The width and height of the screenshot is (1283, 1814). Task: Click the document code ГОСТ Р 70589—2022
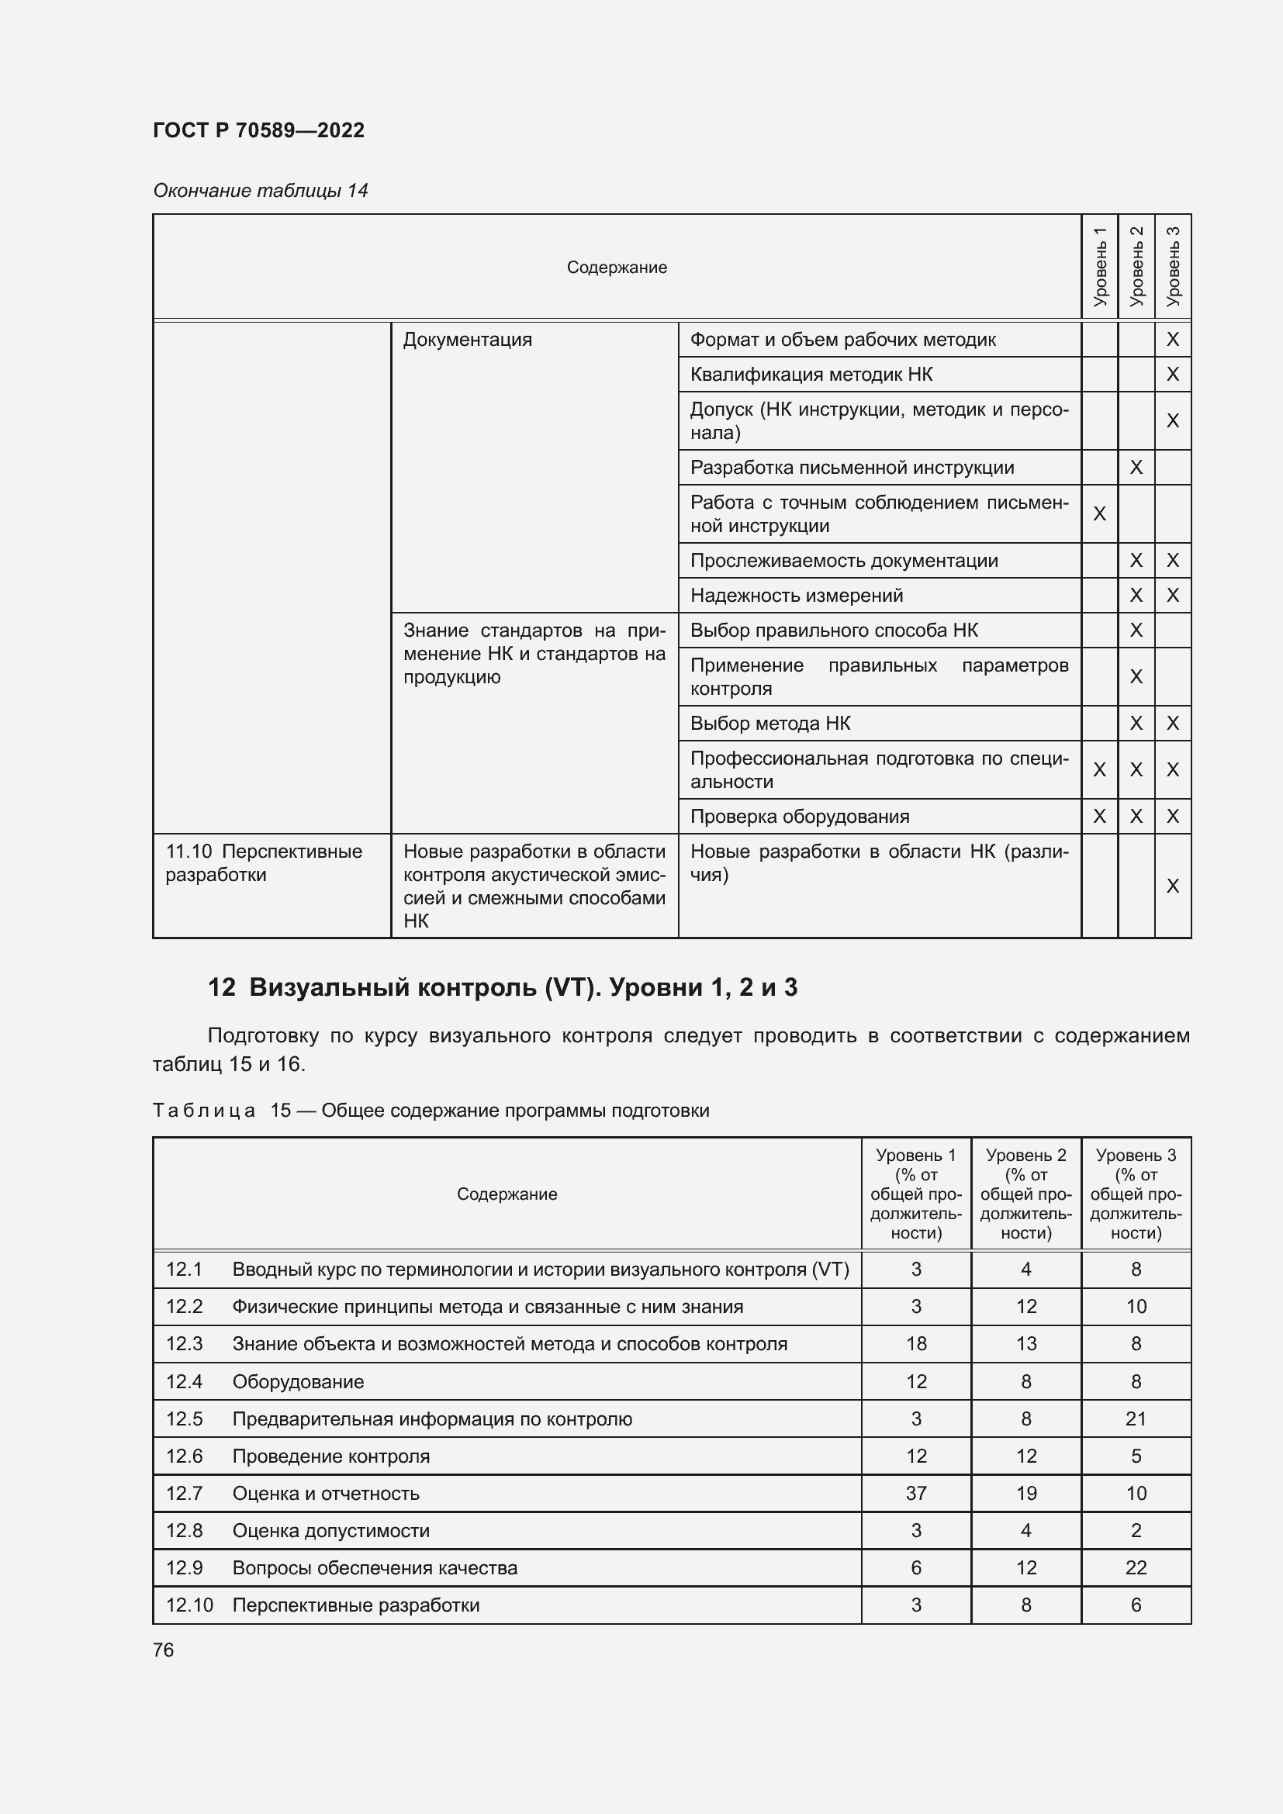[258, 130]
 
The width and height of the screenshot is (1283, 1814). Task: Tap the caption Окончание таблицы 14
[260, 191]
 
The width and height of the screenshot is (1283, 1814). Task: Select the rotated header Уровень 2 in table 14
[1136, 266]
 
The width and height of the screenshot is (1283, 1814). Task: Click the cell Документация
[467, 340]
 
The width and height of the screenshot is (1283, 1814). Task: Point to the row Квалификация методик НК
[811, 375]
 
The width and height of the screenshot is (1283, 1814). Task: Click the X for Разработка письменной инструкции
[1136, 468]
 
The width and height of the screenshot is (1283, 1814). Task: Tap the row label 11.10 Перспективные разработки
[263, 862]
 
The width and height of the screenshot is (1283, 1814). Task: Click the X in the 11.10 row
[1172, 886]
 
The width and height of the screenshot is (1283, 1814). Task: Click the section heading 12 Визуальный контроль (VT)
[503, 987]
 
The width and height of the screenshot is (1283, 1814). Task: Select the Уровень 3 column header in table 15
[1136, 1194]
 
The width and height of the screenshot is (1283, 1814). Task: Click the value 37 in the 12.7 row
[915, 1493]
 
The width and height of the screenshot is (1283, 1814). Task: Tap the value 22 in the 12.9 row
[1136, 1567]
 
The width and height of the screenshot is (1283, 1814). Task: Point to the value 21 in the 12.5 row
[1136, 1419]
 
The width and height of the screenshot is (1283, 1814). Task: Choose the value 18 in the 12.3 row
[915, 1344]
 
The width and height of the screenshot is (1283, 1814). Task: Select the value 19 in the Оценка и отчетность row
[1025, 1493]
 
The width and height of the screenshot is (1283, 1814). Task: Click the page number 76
[164, 1650]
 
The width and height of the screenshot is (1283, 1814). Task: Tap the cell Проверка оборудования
[800, 817]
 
